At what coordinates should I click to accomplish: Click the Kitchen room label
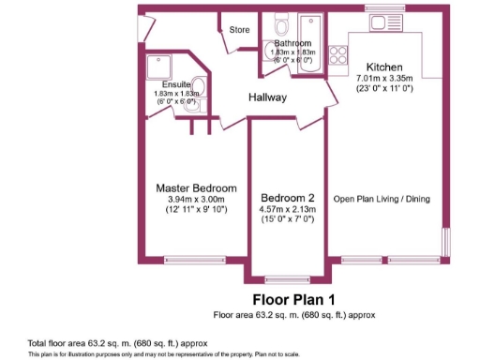click(x=384, y=67)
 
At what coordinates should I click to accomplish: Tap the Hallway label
click(x=267, y=97)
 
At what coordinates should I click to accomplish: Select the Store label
click(x=239, y=30)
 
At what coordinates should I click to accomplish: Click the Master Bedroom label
click(x=196, y=187)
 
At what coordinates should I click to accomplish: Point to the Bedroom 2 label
click(x=288, y=198)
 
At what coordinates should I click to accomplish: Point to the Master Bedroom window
click(x=195, y=260)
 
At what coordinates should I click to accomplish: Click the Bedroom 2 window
click(x=288, y=277)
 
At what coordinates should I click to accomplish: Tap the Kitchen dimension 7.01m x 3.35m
click(x=384, y=79)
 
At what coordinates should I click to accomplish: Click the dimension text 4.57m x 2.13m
click(x=288, y=209)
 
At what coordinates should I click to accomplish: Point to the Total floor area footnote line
click(x=117, y=343)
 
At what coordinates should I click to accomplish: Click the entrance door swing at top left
click(x=146, y=28)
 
